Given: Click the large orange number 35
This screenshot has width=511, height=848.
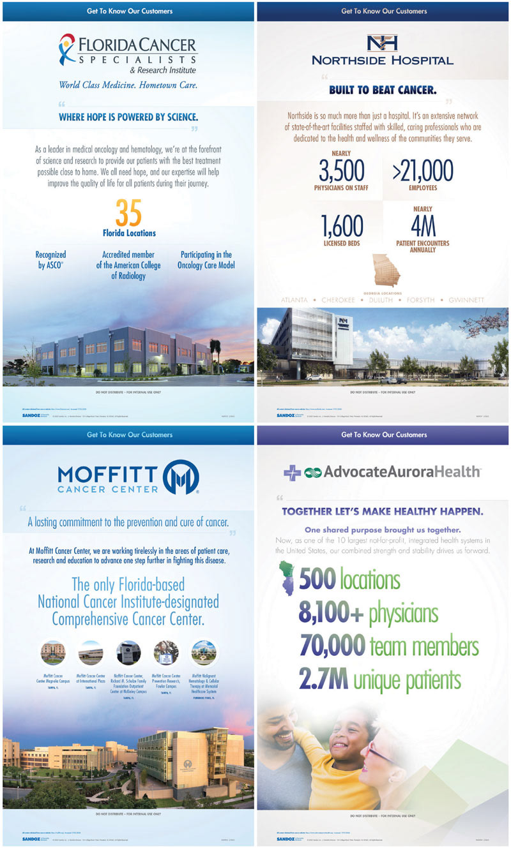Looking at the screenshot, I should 128,212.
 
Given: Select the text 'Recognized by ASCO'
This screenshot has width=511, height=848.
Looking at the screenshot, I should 50,260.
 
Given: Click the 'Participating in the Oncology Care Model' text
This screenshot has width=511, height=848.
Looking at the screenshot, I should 206,260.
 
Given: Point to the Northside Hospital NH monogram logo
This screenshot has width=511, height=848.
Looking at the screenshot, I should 382,43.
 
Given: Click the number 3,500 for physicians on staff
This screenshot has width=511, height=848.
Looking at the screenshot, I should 342,170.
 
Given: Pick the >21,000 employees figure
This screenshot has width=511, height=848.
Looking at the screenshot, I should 423,170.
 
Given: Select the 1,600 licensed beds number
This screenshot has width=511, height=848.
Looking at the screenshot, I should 342,226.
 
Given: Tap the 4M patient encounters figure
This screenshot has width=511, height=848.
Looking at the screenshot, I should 423,226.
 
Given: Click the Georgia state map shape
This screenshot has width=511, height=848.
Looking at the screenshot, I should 386,269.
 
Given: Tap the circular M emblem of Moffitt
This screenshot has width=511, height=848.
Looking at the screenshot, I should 181,477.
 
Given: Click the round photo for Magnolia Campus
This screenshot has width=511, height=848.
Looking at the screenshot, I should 53,653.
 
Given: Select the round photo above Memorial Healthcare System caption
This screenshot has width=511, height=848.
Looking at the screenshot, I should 204,653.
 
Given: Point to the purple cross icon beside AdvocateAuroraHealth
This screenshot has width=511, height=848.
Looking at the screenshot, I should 293,472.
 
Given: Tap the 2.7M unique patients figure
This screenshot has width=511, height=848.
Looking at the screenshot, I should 324,680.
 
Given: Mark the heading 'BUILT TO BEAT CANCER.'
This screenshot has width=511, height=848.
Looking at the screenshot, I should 383,90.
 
